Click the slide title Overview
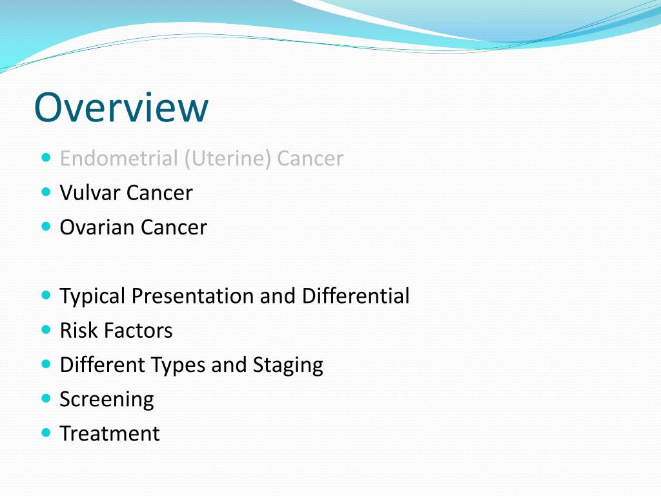tap(121, 107)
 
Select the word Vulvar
tap(90, 192)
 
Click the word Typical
tap(92, 296)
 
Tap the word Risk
tap(79, 331)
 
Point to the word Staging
tap(288, 366)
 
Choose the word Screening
tap(107, 400)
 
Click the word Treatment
tap(109, 433)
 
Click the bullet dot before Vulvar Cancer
tap(45, 192)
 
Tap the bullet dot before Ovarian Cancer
tap(45, 226)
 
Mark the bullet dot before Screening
tap(45, 398)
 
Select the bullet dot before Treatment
tap(45, 433)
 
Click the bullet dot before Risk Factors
tap(45, 329)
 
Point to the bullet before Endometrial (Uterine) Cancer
tap(45, 157)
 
